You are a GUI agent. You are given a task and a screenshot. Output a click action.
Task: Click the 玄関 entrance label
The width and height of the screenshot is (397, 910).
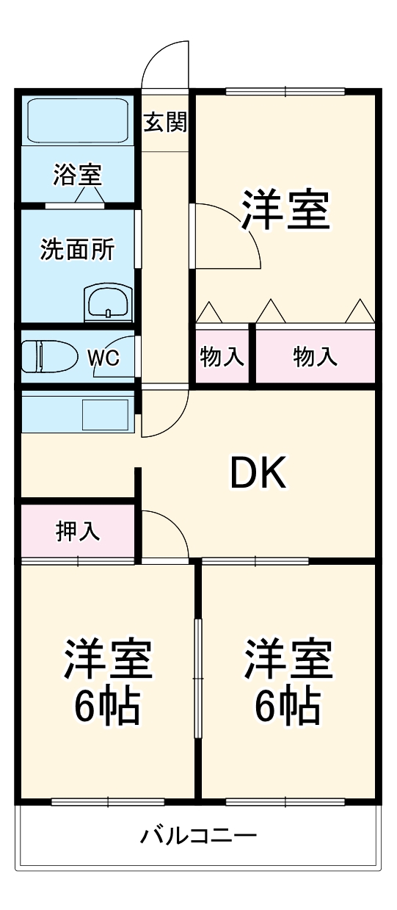165,122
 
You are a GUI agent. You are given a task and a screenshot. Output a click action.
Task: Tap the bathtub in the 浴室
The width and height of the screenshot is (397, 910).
77,120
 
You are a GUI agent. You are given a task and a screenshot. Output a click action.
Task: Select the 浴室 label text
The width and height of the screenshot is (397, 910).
76,175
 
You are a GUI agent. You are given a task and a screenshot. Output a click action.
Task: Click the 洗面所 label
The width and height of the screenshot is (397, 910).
76,250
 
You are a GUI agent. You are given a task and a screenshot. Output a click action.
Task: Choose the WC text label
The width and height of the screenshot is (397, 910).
103,358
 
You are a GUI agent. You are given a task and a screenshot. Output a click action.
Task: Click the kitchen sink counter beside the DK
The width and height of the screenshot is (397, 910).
76,414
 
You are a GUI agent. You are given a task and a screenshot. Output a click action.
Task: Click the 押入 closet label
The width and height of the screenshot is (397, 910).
78,531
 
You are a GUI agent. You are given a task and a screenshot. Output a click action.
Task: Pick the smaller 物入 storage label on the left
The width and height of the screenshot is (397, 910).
222,357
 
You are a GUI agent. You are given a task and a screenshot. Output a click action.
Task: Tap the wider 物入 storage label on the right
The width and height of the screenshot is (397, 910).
316,357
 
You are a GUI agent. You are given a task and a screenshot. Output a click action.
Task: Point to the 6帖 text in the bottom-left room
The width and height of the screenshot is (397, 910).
107,705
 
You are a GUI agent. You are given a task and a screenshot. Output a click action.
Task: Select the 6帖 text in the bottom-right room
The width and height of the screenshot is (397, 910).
288,705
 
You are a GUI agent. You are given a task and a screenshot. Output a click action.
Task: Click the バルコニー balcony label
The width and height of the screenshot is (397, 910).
198,836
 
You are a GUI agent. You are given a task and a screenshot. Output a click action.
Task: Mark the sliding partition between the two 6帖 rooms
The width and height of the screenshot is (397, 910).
197,679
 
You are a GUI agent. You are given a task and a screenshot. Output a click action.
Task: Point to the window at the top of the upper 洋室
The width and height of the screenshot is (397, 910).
285,92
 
